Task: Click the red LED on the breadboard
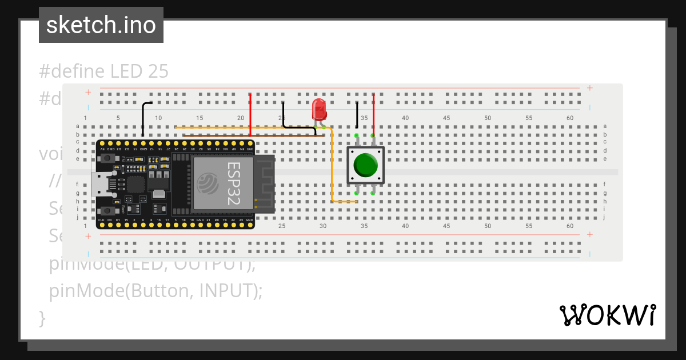(319, 109)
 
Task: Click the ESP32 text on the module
(234, 182)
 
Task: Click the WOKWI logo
(607, 315)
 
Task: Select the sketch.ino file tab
(101, 25)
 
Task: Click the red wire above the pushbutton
(373, 111)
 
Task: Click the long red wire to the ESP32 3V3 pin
(250, 114)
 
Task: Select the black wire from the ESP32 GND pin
(143, 117)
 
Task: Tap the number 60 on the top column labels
(570, 118)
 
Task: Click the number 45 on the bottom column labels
(446, 226)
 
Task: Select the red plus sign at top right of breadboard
(589, 88)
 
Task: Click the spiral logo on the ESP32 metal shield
(206, 183)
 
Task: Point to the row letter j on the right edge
(605, 217)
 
